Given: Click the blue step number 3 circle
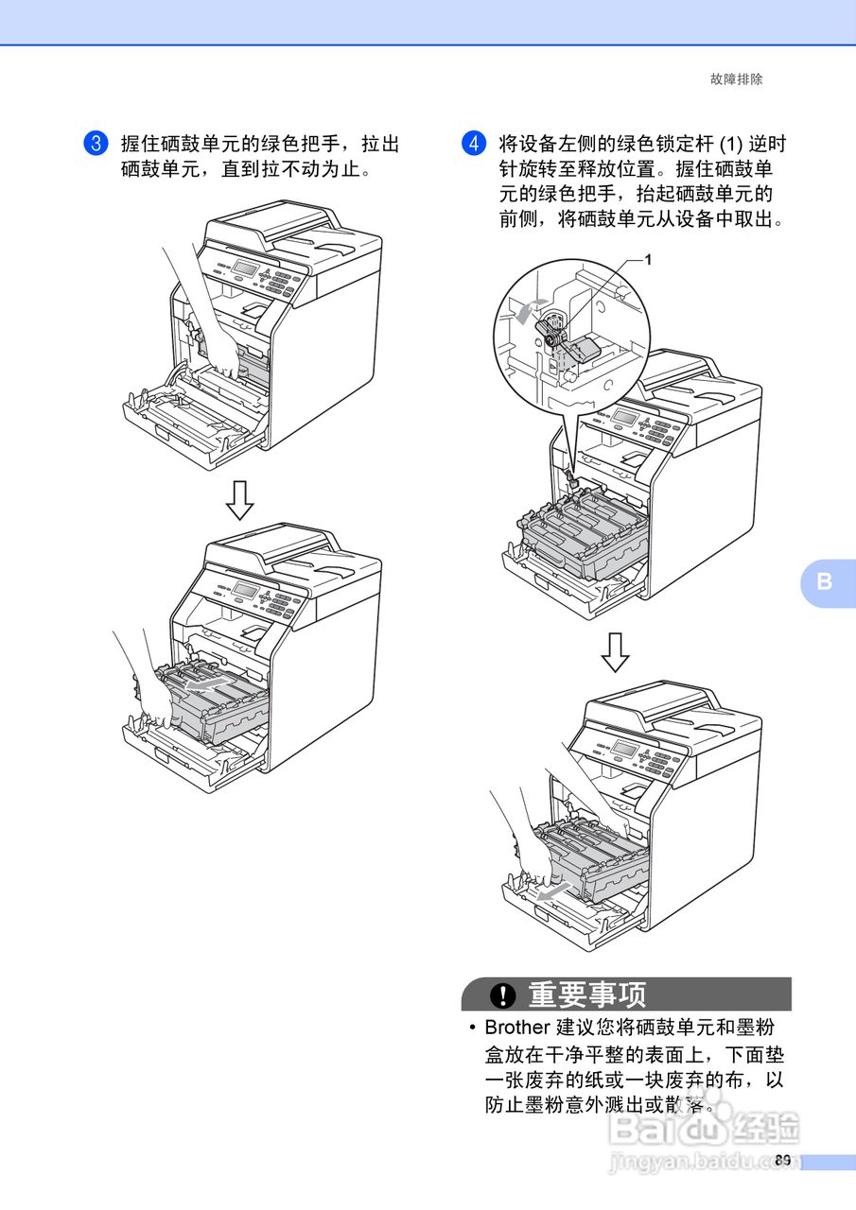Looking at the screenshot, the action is pyautogui.click(x=96, y=143).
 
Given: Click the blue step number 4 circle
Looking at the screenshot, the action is pyautogui.click(x=473, y=143).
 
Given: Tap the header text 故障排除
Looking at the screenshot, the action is pyautogui.click(x=736, y=79).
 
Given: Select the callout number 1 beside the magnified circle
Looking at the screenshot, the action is pyautogui.click(x=648, y=260).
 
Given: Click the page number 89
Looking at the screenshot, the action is pyautogui.click(x=782, y=1160).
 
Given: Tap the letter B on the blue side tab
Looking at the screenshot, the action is pyautogui.click(x=824, y=581).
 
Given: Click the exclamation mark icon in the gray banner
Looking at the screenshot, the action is pyautogui.click(x=502, y=994).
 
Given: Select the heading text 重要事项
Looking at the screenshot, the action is pyautogui.click(x=586, y=994).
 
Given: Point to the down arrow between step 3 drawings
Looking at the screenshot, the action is pyautogui.click(x=239, y=500).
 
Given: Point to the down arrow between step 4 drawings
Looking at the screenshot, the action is pyautogui.click(x=615, y=652).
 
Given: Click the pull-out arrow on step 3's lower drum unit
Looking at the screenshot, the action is pyautogui.click(x=202, y=685).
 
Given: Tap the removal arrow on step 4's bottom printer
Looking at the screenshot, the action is pyautogui.click(x=554, y=892).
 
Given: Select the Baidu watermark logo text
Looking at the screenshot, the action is pyautogui.click(x=704, y=1128).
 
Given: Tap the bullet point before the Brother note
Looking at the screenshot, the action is pyautogui.click(x=473, y=1028).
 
